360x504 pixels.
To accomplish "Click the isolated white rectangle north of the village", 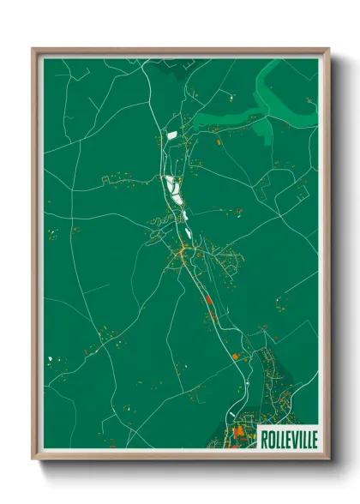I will (171, 135).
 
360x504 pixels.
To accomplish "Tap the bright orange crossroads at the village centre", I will (182, 252).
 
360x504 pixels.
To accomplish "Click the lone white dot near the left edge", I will (51, 358).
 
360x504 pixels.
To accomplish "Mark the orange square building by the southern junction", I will (236, 353).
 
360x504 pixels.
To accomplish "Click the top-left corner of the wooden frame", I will (33, 49).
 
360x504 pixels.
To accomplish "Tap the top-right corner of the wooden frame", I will (329, 49).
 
